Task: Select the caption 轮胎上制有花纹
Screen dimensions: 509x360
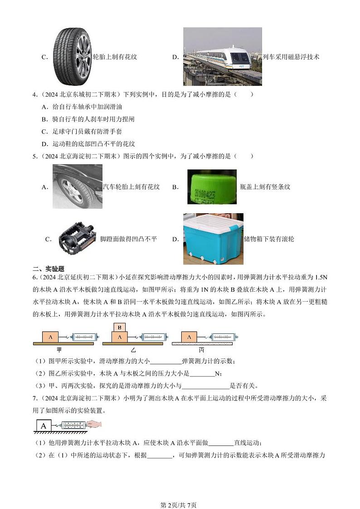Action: coord(115,57)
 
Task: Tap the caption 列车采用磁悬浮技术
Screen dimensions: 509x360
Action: coord(291,57)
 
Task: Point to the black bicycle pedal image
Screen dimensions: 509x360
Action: coord(77,239)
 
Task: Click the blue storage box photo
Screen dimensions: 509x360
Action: coord(213,239)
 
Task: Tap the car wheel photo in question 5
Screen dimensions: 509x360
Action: coord(77,186)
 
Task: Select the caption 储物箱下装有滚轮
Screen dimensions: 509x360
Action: coord(269,239)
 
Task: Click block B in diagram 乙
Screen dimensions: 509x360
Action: coord(120,327)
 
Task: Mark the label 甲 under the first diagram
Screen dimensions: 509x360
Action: coord(59,350)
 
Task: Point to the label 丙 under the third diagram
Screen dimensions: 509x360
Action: coord(201,350)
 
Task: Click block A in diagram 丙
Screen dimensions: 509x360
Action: coord(189,337)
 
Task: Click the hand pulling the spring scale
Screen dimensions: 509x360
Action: coord(95,425)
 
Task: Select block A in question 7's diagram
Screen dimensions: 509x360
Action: coord(44,426)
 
